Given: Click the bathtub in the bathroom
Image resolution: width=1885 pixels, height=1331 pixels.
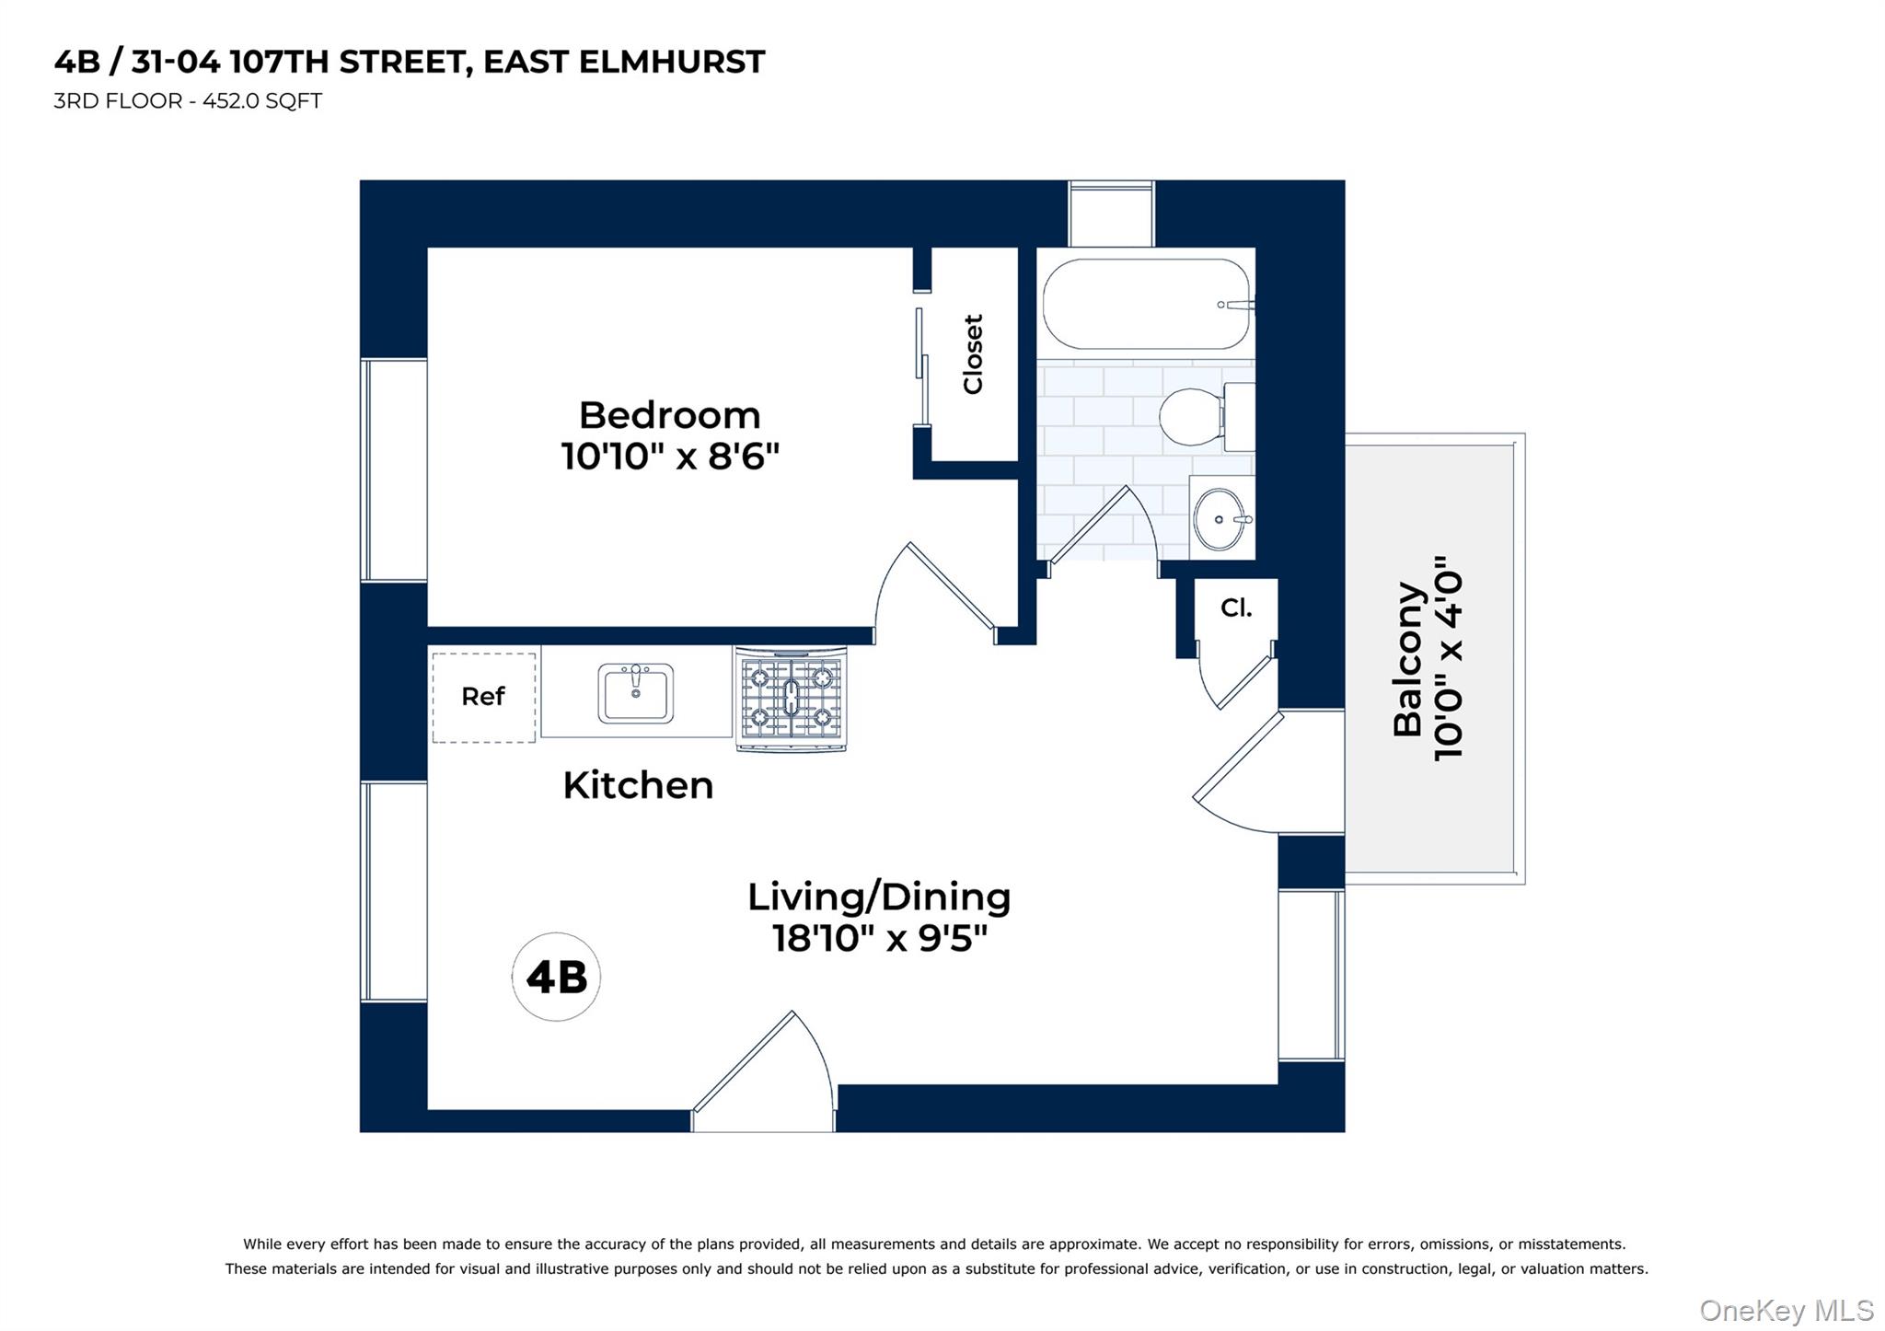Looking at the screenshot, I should (x=1145, y=304).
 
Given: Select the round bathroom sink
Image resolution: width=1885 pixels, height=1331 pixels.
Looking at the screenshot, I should (x=1219, y=519).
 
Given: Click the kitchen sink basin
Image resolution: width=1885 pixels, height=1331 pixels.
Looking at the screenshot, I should (x=635, y=693).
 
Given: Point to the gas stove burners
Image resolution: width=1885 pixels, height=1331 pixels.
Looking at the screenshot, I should (x=791, y=698).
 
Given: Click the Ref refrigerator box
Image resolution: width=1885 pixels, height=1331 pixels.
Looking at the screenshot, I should (x=483, y=697).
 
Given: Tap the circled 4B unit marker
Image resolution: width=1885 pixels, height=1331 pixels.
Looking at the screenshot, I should (x=556, y=977).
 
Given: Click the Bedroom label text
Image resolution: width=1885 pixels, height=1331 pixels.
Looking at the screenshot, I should (x=669, y=415).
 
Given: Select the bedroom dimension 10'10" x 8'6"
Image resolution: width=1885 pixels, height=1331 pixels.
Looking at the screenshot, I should (x=670, y=457).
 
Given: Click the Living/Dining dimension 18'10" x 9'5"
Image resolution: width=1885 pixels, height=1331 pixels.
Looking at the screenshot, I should (x=879, y=939).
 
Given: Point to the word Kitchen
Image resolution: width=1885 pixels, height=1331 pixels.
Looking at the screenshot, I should (x=638, y=786).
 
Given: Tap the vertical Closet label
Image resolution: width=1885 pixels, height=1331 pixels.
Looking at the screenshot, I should (x=973, y=354).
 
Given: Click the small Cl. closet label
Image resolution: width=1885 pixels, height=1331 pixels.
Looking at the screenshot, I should (x=1235, y=608).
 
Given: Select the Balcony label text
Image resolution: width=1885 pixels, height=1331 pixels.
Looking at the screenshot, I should (x=1407, y=658).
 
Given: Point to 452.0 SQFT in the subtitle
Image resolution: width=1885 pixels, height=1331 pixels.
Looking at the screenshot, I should (x=261, y=101).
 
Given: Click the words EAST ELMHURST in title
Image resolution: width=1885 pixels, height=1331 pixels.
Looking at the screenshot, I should (x=624, y=62).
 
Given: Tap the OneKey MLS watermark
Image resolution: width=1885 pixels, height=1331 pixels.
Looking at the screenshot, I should (x=1786, y=1310).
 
